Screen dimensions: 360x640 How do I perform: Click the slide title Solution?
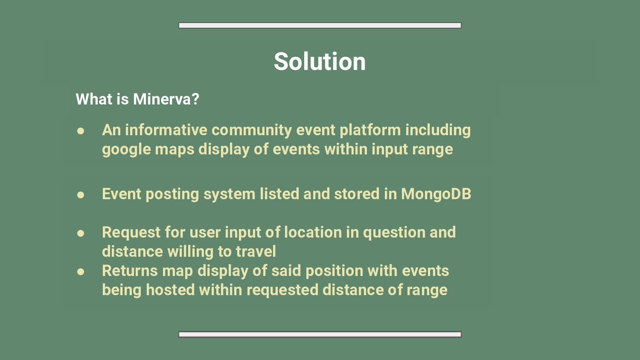(x=320, y=61)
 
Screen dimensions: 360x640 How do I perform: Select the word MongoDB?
(x=436, y=194)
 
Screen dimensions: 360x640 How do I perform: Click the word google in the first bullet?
(x=126, y=150)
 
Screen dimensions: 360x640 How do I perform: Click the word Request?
(x=131, y=232)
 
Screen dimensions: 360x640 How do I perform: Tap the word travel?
(x=256, y=252)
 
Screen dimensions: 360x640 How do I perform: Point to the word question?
(x=394, y=233)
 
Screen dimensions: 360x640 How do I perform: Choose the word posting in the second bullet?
(x=172, y=195)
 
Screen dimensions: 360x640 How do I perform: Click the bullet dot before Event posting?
(x=81, y=195)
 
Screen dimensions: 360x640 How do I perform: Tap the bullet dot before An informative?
(x=81, y=131)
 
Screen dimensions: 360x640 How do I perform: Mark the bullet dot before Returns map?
(x=81, y=272)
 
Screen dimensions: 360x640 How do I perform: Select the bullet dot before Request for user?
(x=81, y=233)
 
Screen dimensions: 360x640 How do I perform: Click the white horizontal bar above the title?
(x=320, y=26)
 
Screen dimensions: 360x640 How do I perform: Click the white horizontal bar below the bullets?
(x=320, y=334)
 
